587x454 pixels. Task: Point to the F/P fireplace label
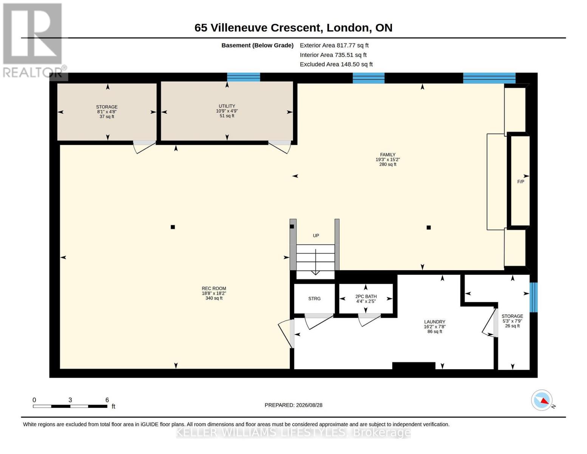(x=520, y=182)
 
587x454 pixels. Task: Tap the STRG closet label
(x=314, y=299)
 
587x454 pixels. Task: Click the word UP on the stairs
(x=316, y=236)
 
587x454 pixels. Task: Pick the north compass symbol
(x=542, y=400)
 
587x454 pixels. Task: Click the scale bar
(x=70, y=406)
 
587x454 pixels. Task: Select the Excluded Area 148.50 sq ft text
(x=336, y=64)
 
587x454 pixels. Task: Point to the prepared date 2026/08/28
(x=309, y=405)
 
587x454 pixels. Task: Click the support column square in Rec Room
(x=173, y=227)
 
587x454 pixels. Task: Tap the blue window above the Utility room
(x=243, y=77)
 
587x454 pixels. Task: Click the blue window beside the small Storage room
(x=533, y=297)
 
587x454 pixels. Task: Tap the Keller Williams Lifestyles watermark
(x=293, y=433)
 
